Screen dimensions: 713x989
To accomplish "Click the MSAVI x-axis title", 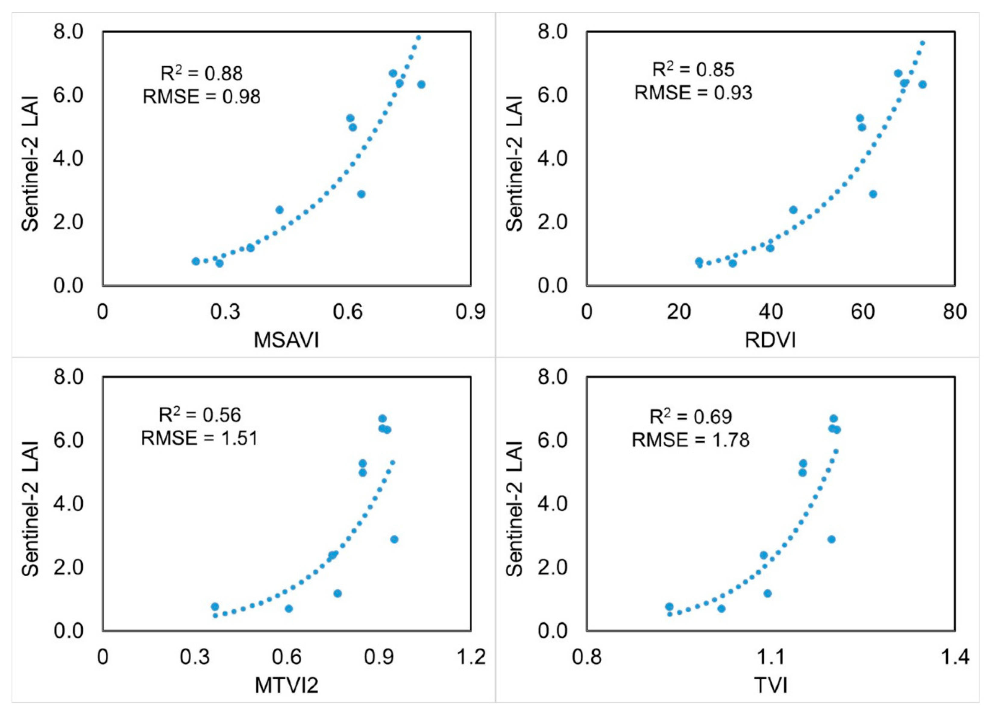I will (x=287, y=340).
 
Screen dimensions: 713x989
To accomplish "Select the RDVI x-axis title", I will (x=770, y=340).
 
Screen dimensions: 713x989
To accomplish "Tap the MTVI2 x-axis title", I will (x=287, y=685).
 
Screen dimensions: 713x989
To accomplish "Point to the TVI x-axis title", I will (x=771, y=685).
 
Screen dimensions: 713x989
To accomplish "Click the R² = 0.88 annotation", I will (x=202, y=73).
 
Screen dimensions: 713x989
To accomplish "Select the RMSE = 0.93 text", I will (x=693, y=93).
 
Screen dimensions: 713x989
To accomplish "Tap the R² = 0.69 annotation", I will (x=691, y=417).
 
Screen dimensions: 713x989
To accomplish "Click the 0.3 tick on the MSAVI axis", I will (x=225, y=312).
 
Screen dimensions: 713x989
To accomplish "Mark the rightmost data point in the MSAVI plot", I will (x=421, y=84).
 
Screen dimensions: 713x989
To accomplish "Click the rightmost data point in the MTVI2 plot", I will (x=394, y=539).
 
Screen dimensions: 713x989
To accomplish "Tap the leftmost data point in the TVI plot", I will (x=669, y=607).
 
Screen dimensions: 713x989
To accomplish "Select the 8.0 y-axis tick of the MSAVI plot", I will (x=68, y=32).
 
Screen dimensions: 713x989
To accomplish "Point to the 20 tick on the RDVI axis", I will (x=679, y=312).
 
